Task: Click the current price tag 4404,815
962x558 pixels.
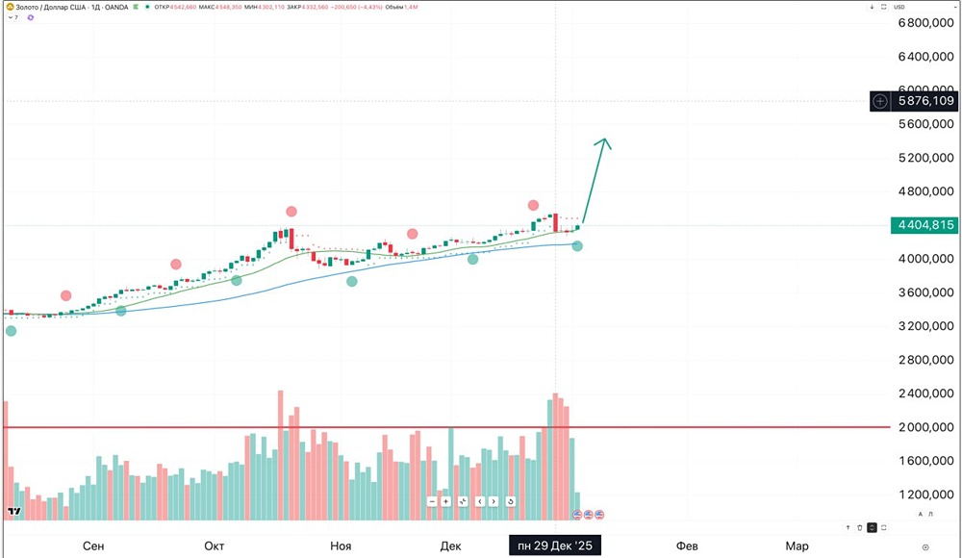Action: [924, 225]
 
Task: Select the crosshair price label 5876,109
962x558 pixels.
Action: [924, 100]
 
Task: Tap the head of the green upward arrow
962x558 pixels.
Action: [604, 142]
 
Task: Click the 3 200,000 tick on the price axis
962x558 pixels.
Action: [924, 326]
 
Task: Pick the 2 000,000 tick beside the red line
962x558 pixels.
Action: [924, 427]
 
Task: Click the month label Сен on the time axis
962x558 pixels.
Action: [93, 546]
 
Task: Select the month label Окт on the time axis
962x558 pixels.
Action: [215, 546]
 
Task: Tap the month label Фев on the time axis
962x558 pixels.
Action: [687, 546]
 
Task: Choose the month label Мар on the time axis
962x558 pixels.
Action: [797, 546]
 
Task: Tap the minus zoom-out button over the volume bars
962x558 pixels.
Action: [433, 501]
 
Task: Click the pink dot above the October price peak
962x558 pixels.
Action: [291, 212]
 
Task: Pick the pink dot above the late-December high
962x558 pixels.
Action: [533, 205]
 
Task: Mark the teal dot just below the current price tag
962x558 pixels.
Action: [577, 246]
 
